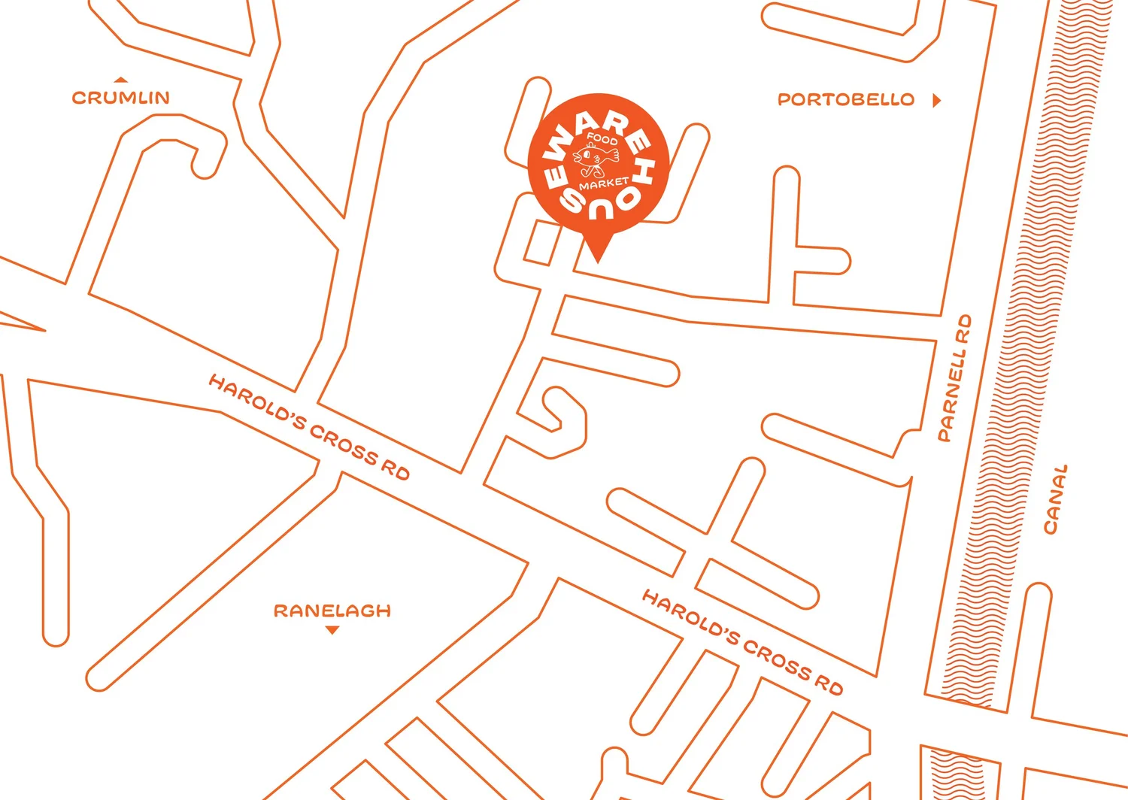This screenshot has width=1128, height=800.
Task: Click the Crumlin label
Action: (120, 98)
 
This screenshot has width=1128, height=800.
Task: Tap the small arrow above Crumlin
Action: (120, 79)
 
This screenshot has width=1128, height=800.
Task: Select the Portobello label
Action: (845, 100)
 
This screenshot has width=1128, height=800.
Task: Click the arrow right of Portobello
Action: (936, 100)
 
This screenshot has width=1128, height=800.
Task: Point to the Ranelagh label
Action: (332, 611)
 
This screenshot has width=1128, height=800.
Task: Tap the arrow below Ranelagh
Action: (332, 630)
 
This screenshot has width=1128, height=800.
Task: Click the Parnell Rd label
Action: (954, 378)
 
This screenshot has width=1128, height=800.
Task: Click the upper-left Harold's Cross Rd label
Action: (308, 427)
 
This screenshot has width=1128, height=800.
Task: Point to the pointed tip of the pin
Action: (598, 261)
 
